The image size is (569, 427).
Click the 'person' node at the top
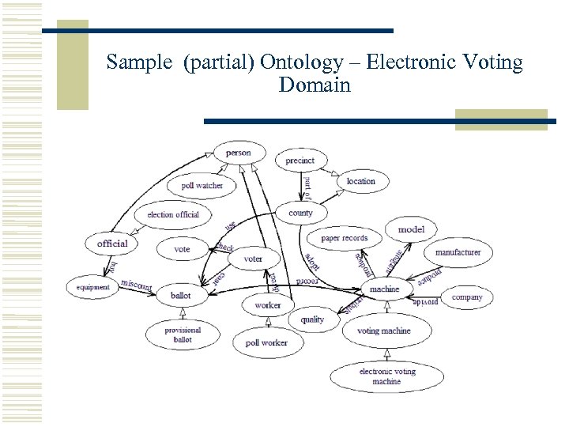tap(238, 153)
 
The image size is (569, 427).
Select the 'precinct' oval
tap(300, 161)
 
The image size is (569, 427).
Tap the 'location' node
tap(361, 181)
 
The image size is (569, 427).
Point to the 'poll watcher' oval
tap(202, 186)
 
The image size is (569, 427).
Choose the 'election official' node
tap(173, 214)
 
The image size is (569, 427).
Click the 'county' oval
tap(300, 213)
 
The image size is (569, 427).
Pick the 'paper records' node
tap(345, 238)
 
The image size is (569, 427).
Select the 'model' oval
tap(411, 229)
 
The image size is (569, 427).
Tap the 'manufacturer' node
tap(458, 252)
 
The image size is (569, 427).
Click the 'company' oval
tap(467, 297)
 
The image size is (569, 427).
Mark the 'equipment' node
tap(93, 287)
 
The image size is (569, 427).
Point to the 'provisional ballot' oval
tap(183, 334)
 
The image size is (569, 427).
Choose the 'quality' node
tap(312, 319)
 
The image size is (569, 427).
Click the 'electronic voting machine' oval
tap(386, 376)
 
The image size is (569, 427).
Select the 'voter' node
tap(253, 259)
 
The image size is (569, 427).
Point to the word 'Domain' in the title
tap(314, 85)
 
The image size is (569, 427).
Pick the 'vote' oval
tap(182, 249)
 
